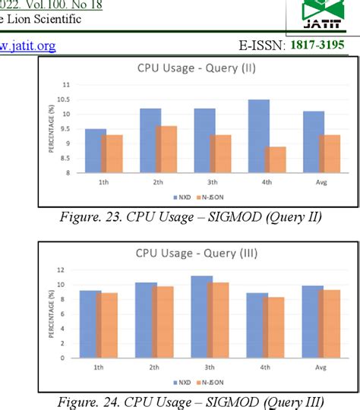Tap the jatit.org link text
pyautogui.click(x=28, y=46)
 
